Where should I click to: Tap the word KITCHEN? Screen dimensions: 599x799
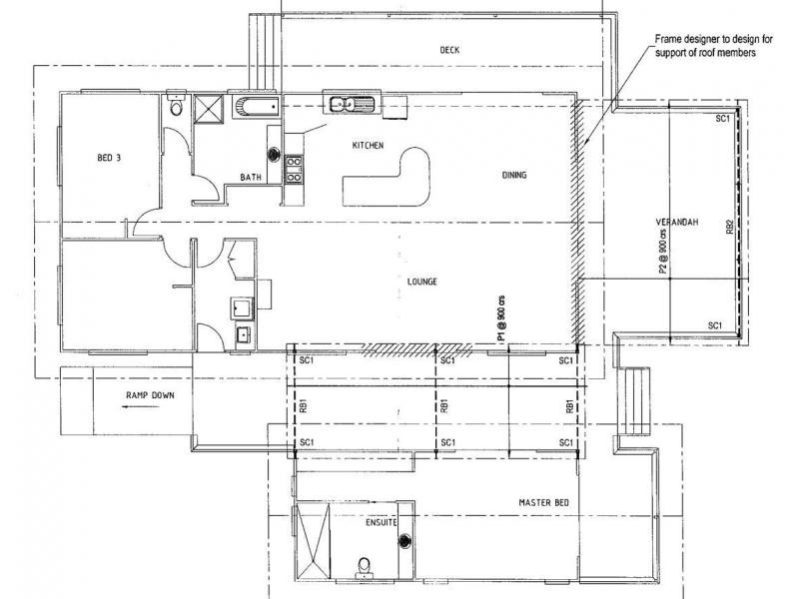[x=368, y=146]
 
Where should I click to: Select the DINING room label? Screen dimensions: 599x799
[x=514, y=176]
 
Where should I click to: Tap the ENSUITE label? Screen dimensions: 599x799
[x=381, y=522]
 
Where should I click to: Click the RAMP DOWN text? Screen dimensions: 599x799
[x=150, y=395]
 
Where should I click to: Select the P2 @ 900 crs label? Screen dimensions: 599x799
[x=662, y=250]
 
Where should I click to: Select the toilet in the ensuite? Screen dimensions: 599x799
[x=364, y=568]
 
